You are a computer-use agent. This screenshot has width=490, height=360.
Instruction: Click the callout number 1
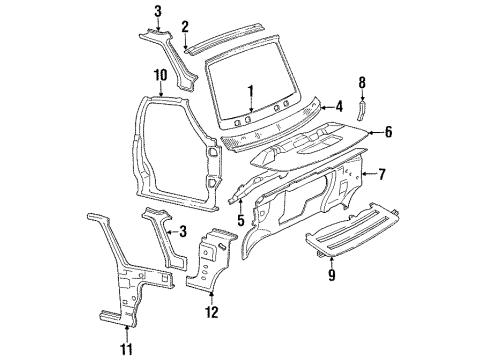click(252, 90)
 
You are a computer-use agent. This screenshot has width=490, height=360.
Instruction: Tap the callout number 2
click(185, 27)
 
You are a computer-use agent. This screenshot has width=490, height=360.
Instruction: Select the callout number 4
click(340, 105)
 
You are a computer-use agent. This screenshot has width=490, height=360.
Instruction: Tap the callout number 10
click(159, 73)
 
